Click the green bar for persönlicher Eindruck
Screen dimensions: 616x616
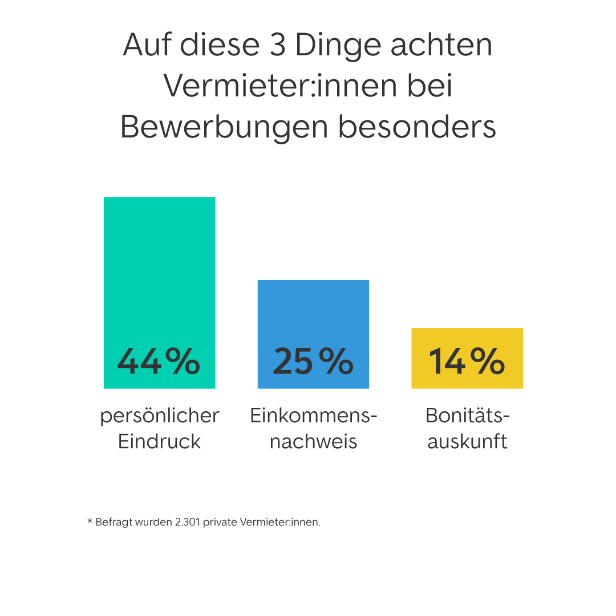pyautogui.click(x=159, y=268)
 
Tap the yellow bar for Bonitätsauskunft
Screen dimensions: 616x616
pyautogui.click(x=467, y=339)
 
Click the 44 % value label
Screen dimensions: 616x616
pyautogui.click(x=159, y=361)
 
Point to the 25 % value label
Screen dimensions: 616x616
pyautogui.click(x=313, y=361)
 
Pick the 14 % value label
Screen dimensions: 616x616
pyautogui.click(x=467, y=361)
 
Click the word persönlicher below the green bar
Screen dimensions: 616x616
pyautogui.click(x=160, y=416)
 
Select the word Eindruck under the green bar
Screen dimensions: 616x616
pyautogui.click(x=160, y=441)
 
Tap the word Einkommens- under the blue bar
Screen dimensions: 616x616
pyautogui.click(x=314, y=416)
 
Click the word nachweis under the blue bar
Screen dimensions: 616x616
pyautogui.click(x=313, y=441)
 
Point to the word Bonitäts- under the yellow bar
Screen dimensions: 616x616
pyautogui.click(x=468, y=416)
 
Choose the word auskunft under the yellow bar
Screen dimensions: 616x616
pyautogui.click(x=467, y=441)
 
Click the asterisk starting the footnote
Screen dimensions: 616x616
pyautogui.click(x=90, y=521)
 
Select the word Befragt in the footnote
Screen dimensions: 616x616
pyautogui.click(x=112, y=522)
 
